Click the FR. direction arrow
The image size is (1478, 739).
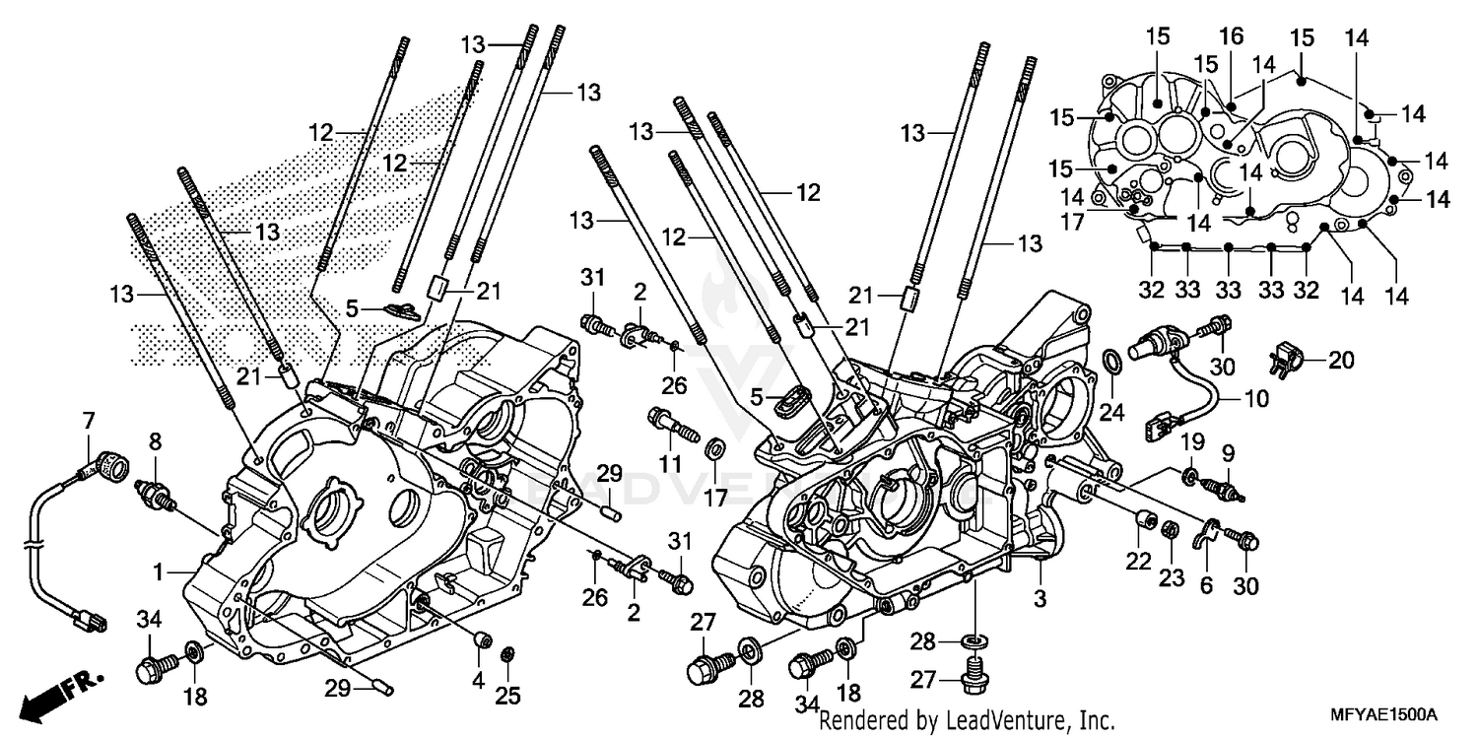point(49,696)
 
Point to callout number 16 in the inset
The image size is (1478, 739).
point(1232,37)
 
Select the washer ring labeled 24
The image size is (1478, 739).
point(1108,363)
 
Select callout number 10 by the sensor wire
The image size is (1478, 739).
point(1256,399)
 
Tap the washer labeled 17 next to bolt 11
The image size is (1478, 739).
point(715,450)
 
